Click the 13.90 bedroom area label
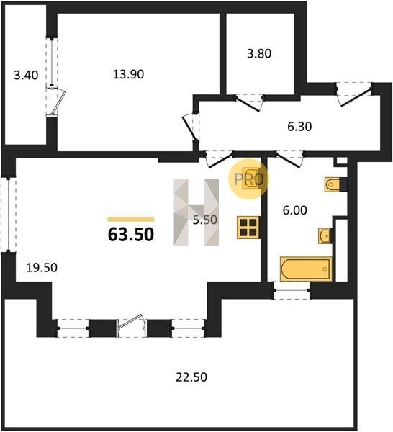click(128, 74)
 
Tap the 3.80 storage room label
click(259, 53)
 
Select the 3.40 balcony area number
click(26, 75)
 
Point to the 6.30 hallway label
click(299, 127)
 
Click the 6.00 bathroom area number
click(294, 210)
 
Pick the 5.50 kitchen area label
click(205, 220)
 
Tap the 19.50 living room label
click(42, 268)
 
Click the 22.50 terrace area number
click(191, 377)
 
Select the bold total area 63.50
click(131, 235)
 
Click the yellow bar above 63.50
click(131, 220)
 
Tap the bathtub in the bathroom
click(306, 269)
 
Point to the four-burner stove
click(248, 228)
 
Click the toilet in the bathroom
click(332, 184)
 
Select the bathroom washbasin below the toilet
click(325, 236)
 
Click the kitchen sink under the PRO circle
click(250, 179)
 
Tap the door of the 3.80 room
click(249, 102)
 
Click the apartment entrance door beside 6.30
click(354, 94)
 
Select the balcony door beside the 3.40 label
click(56, 100)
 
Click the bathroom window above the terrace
click(292, 290)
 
